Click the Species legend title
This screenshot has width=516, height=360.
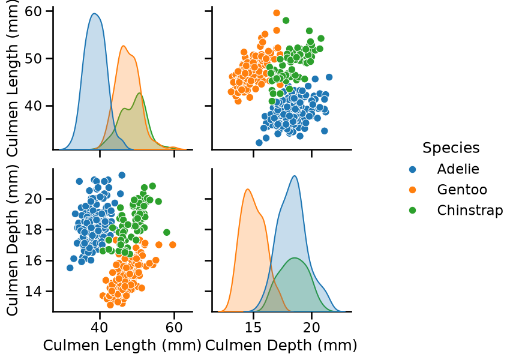coord(451,148)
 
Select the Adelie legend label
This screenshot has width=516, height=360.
coord(458,169)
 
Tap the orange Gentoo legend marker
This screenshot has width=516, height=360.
coord(412,190)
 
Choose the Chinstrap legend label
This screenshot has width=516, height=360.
coord(470,210)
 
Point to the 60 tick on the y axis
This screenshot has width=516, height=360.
coord(34,11)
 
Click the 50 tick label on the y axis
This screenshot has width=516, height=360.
coord(34,59)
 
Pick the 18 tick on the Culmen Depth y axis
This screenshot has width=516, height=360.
coord(34,230)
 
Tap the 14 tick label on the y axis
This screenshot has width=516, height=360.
coord(34,292)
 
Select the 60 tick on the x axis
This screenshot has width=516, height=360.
coord(174,328)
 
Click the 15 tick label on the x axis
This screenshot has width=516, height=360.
coord(253,328)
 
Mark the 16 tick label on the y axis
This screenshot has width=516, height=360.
coord(34,260)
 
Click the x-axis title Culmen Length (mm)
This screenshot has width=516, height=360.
coord(122,346)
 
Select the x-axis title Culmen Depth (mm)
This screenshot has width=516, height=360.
coord(281,346)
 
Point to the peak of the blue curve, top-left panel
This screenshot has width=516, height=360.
coord(94,14)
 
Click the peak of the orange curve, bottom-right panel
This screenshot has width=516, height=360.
coord(247,189)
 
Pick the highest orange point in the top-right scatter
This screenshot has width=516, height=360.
coord(277,13)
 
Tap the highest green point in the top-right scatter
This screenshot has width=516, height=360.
coord(286,20)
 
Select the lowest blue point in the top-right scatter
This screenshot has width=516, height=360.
coord(259,142)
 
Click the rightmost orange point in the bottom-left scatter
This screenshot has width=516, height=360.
coord(172,244)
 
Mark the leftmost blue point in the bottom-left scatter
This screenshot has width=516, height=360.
coord(70,268)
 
